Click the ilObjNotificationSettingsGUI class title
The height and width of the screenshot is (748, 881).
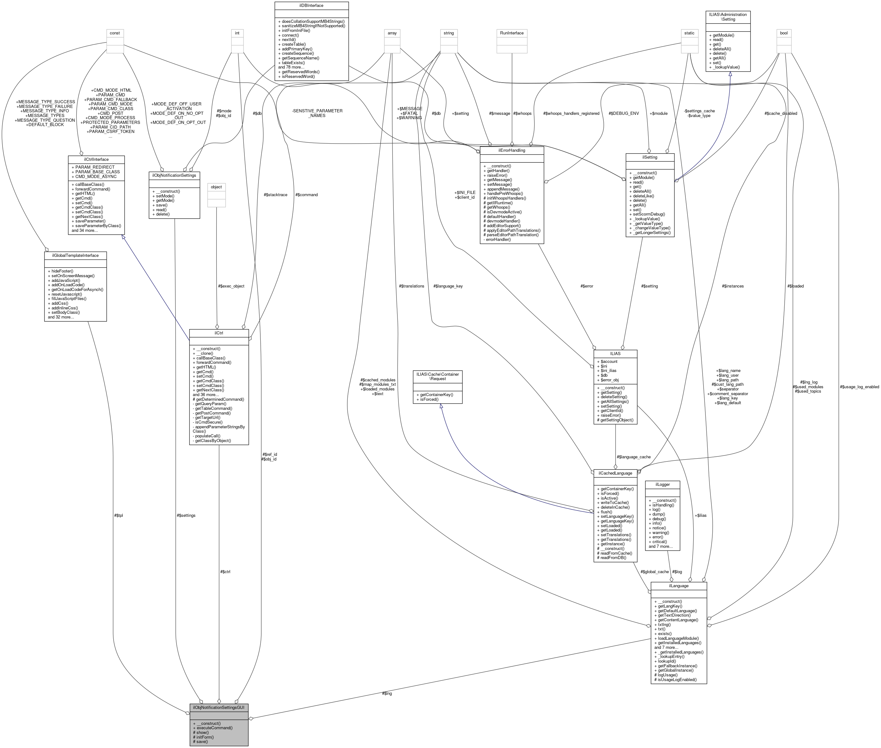coord(218,708)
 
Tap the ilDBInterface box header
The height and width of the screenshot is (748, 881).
coord(311,6)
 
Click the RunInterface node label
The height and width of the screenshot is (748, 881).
coord(512,33)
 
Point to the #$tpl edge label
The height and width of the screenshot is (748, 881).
coord(118,516)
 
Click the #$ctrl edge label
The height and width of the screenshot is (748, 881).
coord(225,572)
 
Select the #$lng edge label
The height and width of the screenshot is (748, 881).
coord(387,693)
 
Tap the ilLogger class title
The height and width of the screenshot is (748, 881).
coord(662,484)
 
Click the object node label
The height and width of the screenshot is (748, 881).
coord(216,187)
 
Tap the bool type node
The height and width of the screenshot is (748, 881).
coord(783,33)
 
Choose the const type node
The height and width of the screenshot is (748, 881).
coord(115,33)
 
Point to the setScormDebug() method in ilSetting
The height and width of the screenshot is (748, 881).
coord(648,214)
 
